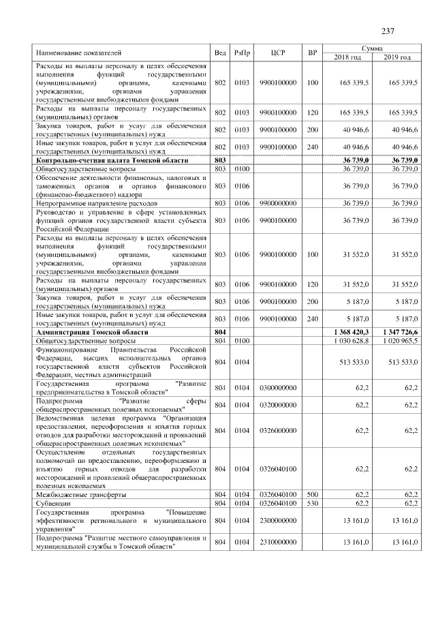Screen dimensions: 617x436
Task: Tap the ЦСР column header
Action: pyautogui.click(x=277, y=52)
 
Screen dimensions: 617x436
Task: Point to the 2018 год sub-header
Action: pyautogui.click(x=347, y=57)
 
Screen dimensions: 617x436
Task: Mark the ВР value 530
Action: pyautogui.click(x=312, y=502)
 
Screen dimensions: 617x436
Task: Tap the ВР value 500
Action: pyautogui.click(x=312, y=494)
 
